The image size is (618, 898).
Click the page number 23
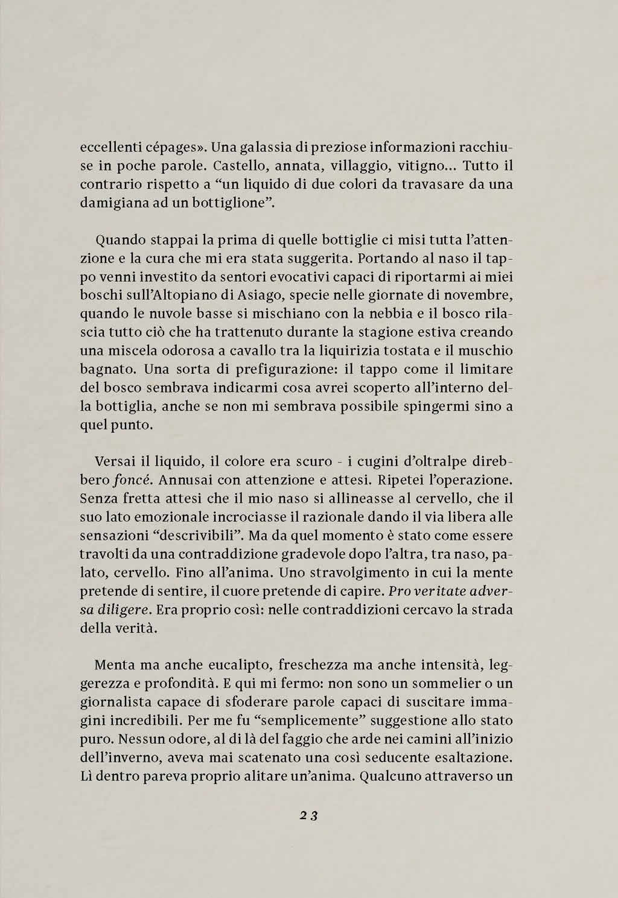(x=308, y=815)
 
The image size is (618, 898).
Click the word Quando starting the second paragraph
(x=116, y=239)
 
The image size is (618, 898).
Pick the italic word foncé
(x=127, y=481)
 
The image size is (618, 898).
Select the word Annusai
(x=189, y=480)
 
